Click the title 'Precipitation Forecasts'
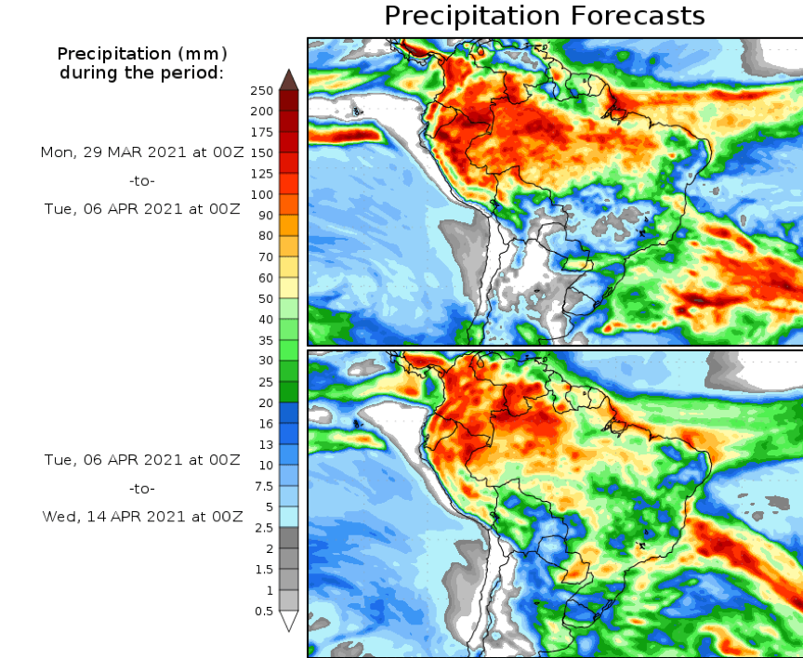pyautogui.click(x=544, y=16)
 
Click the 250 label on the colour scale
pyautogui.click(x=261, y=90)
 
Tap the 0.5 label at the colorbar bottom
pyautogui.click(x=264, y=611)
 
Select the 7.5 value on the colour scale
pyautogui.click(x=264, y=486)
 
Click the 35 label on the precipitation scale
pyautogui.click(x=265, y=340)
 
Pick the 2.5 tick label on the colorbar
pyautogui.click(x=264, y=528)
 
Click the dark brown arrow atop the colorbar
pyautogui.click(x=289, y=79)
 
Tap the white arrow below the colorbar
pyautogui.click(x=289, y=621)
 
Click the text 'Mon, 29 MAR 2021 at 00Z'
pyautogui.click(x=142, y=151)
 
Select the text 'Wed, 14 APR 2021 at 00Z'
pyautogui.click(x=142, y=516)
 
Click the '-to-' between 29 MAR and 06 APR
pyautogui.click(x=142, y=180)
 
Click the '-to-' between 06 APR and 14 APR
pyautogui.click(x=142, y=488)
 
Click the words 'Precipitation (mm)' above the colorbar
pyautogui.click(x=142, y=53)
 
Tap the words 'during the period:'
pyautogui.click(x=142, y=72)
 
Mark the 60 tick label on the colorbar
pyautogui.click(x=265, y=278)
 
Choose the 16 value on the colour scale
pyautogui.click(x=265, y=424)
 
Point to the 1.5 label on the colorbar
pyautogui.click(x=264, y=570)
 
